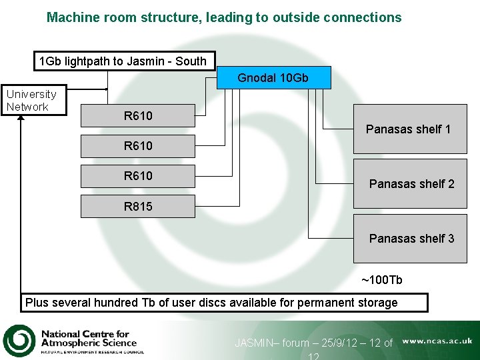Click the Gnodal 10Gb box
tap(273, 78)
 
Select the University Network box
tap(33, 101)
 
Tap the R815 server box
tap(138, 207)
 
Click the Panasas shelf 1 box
tap(410, 129)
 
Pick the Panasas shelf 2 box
tap(410, 184)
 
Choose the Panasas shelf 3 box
tap(410, 239)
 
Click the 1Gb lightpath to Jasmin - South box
tap(124, 61)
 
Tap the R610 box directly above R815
tap(138, 176)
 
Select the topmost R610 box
tap(138, 116)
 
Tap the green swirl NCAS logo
tap(19, 340)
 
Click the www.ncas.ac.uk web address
tap(437, 341)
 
